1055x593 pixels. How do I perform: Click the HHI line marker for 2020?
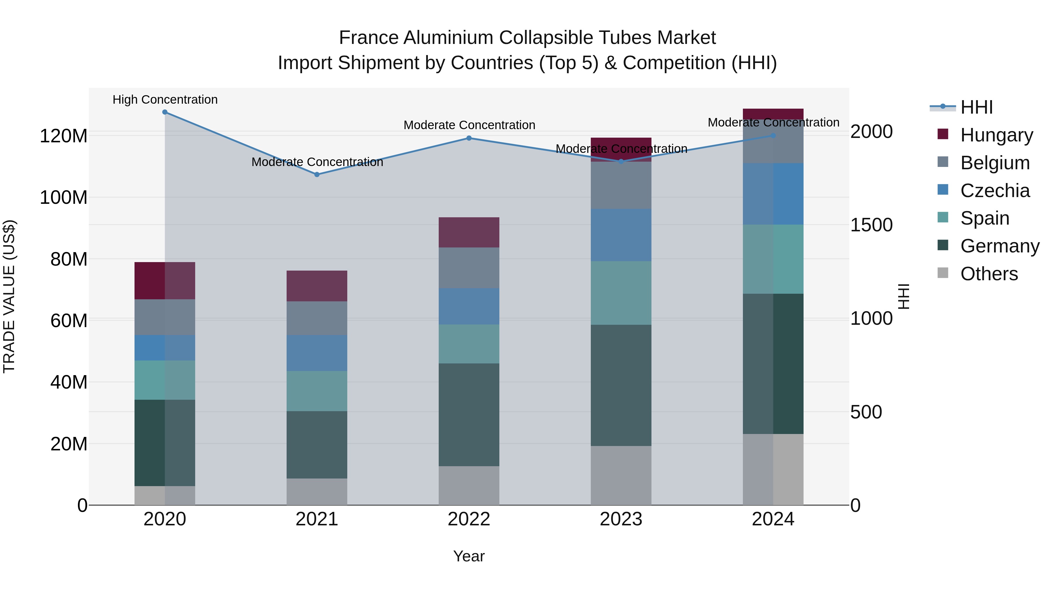pyautogui.click(x=165, y=112)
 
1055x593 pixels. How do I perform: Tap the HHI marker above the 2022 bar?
pyautogui.click(x=469, y=138)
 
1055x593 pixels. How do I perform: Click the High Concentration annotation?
pyautogui.click(x=165, y=100)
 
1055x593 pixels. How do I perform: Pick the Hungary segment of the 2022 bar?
pyautogui.click(x=469, y=233)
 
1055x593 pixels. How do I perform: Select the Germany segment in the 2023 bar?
pyautogui.click(x=621, y=385)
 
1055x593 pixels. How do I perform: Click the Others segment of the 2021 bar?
pyautogui.click(x=316, y=491)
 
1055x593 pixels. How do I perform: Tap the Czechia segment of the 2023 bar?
pyautogui.click(x=621, y=235)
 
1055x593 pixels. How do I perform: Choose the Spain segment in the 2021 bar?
pyautogui.click(x=316, y=391)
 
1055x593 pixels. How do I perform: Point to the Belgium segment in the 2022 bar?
pyautogui.click(x=469, y=268)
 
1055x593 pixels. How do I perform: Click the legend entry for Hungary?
pyautogui.click(x=996, y=135)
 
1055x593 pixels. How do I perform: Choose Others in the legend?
pyautogui.click(x=989, y=274)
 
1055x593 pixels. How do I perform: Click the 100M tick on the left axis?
pyautogui.click(x=64, y=198)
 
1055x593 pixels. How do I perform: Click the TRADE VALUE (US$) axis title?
pyautogui.click(x=9, y=296)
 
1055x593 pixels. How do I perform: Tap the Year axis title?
pyautogui.click(x=469, y=556)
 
